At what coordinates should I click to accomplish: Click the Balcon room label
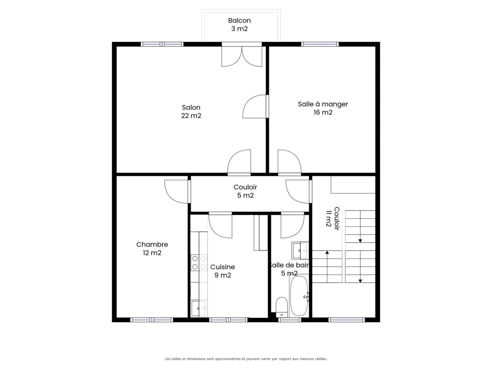[x=239, y=25]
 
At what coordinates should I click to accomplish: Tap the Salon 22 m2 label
[x=191, y=112]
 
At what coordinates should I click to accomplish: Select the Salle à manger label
[x=323, y=108]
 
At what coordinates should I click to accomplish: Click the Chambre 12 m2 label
[x=152, y=249]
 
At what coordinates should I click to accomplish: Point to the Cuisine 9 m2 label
[x=222, y=271]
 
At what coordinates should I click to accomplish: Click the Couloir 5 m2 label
[x=245, y=191]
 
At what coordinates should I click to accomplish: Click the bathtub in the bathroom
[x=299, y=296]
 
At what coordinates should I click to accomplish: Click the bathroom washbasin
[x=300, y=250]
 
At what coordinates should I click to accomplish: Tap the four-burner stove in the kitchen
[x=199, y=262]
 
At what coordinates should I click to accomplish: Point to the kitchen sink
[x=199, y=309]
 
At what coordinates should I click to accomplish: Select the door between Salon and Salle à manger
[x=255, y=107]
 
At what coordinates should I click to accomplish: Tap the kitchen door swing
[x=221, y=225]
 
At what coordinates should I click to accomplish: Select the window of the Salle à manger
[x=320, y=44]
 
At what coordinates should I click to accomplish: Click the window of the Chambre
[x=152, y=320]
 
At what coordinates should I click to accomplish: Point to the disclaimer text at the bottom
[x=246, y=359]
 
